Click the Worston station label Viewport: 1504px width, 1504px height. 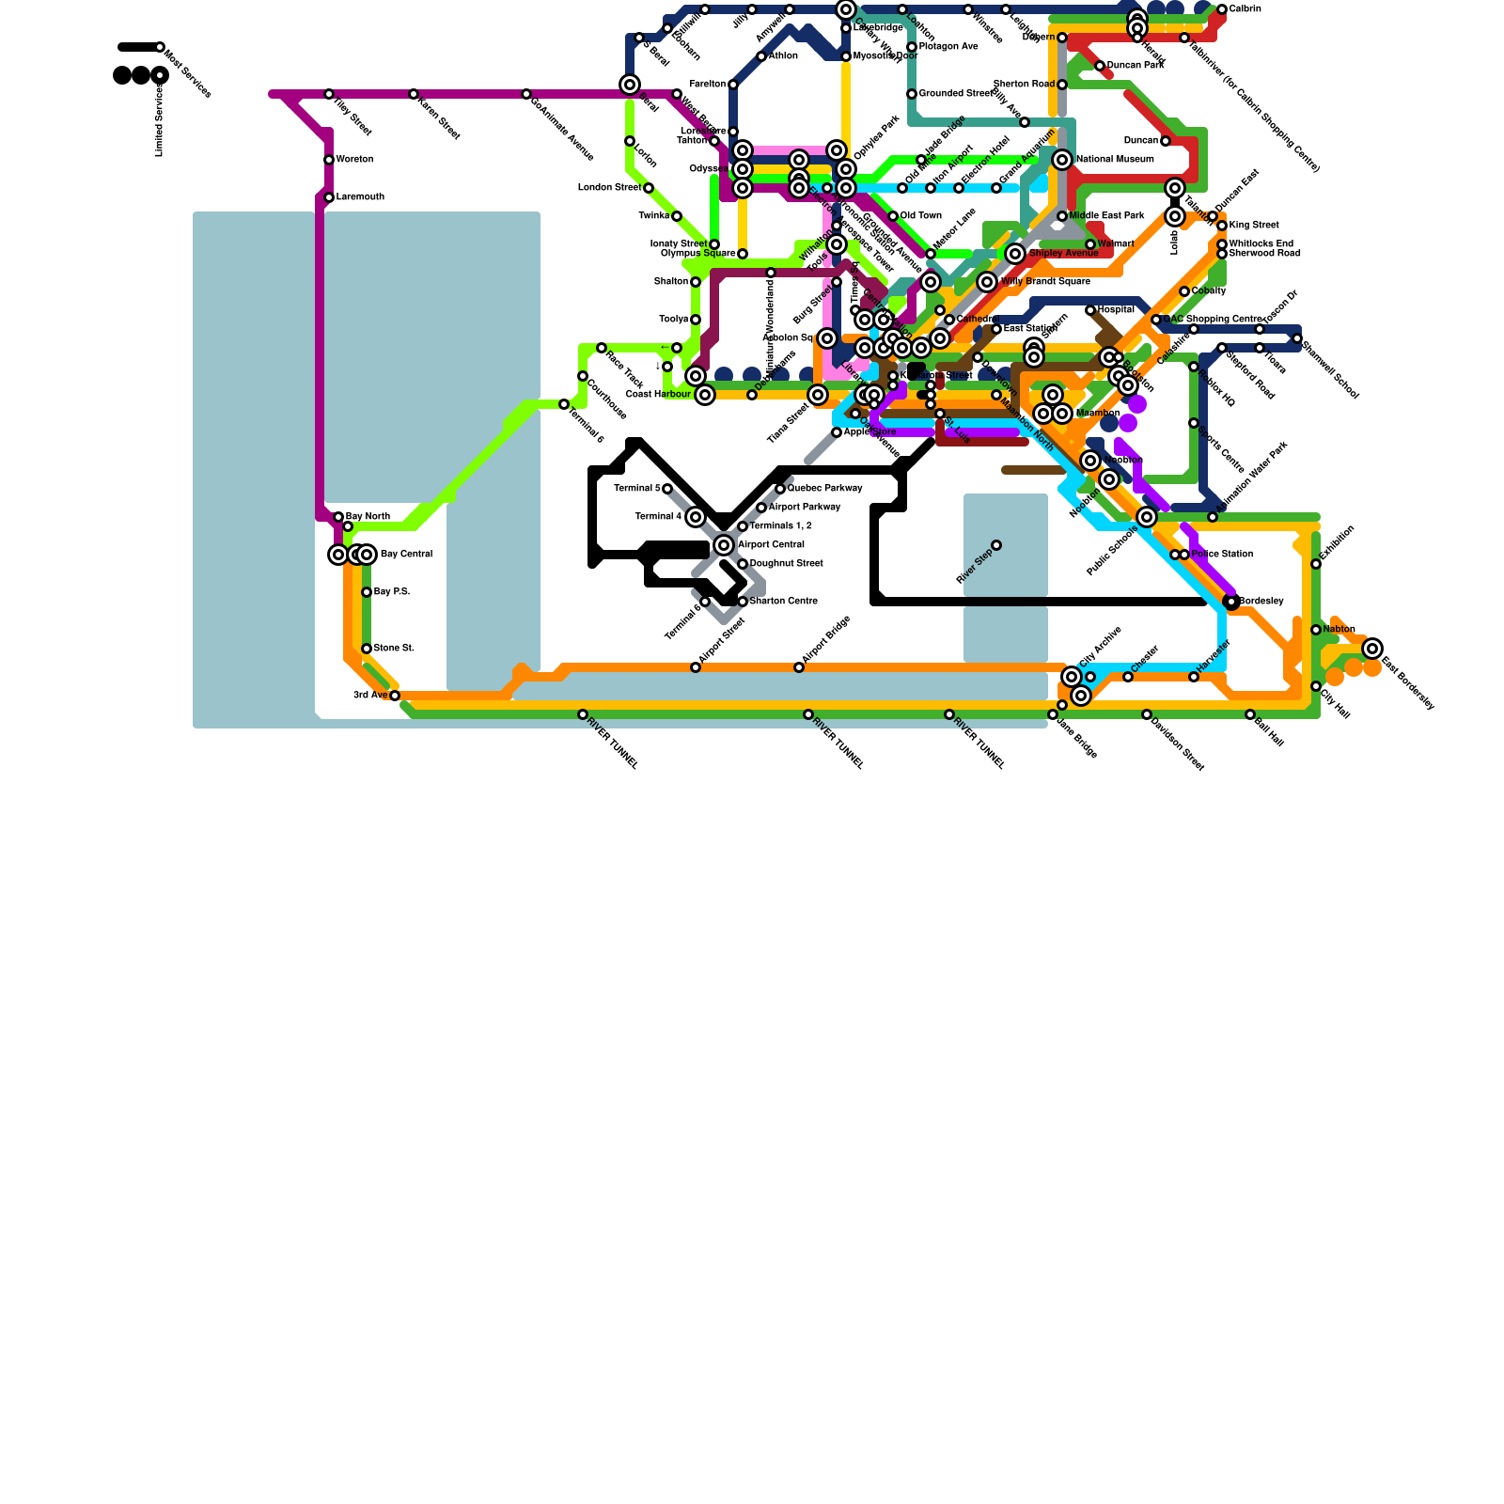pyautogui.click(x=354, y=160)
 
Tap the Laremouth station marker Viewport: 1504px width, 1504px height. pyautogui.click(x=329, y=197)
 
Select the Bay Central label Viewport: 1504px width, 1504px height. pyautogui.click(x=406, y=555)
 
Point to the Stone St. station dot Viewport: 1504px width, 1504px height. pyautogui.click(x=367, y=649)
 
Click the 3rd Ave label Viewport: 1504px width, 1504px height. pyautogui.click(x=370, y=696)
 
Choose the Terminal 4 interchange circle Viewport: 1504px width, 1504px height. pyautogui.click(x=696, y=517)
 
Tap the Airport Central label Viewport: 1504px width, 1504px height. pyautogui.click(x=771, y=545)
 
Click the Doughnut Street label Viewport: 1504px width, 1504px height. pyautogui.click(x=786, y=564)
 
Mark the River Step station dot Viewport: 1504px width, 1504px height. pyautogui.click(x=996, y=545)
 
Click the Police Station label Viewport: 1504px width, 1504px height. pyautogui.click(x=1222, y=555)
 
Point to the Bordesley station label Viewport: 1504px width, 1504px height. pyautogui.click(x=1261, y=602)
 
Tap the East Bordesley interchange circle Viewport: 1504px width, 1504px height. pyautogui.click(x=1372, y=648)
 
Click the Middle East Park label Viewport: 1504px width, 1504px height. pyautogui.click(x=1106, y=216)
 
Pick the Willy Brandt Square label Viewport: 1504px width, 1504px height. pyautogui.click(x=1045, y=282)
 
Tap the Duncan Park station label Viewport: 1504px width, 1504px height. pyautogui.click(x=1135, y=66)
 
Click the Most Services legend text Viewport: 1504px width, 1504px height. pyautogui.click(x=188, y=73)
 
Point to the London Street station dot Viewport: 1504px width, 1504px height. pyautogui.click(x=649, y=188)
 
